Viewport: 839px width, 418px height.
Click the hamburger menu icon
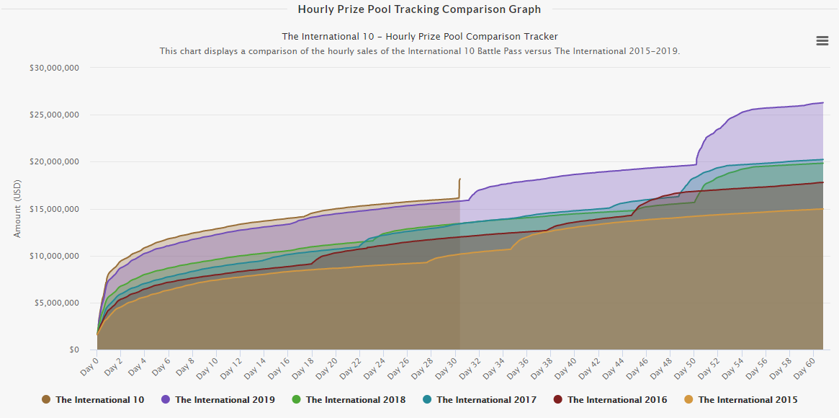(822, 41)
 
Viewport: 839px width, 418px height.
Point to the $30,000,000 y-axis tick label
(54, 68)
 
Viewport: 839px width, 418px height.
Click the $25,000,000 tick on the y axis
(54, 115)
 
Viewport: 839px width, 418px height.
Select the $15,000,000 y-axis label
(54, 209)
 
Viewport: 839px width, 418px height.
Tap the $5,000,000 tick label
(57, 303)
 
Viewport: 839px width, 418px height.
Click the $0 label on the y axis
(74, 350)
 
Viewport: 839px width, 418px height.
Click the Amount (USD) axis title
(17, 209)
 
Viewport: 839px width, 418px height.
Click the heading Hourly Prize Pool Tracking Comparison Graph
(419, 9)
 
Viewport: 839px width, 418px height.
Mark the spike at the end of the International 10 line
(459, 179)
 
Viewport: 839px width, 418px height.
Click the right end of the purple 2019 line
(822, 103)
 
